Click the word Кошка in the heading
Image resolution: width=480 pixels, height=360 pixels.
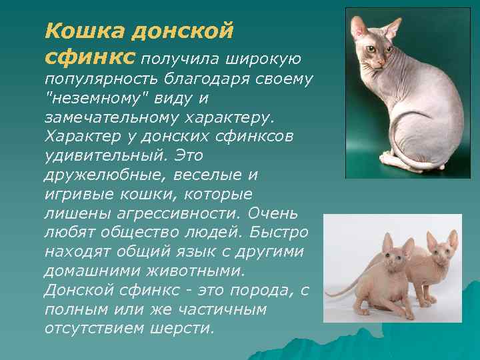75,31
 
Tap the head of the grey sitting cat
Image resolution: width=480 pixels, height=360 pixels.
374,43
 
